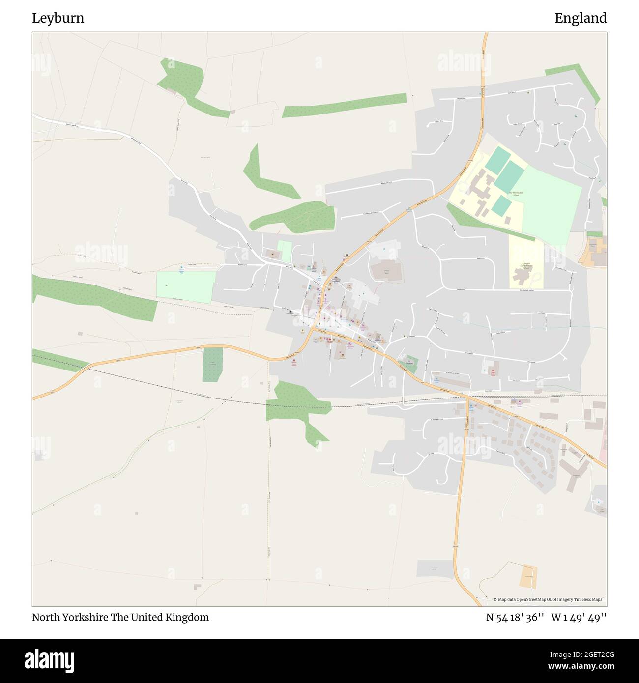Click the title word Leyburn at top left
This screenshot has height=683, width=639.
pos(58,18)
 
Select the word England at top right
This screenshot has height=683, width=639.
pos(581,18)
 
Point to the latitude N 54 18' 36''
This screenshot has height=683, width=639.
pos(515,617)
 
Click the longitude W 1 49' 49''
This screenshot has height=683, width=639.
pos(579,617)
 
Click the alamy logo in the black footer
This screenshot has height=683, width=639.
pos(49,660)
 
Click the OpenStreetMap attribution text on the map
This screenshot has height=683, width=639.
pos(550,599)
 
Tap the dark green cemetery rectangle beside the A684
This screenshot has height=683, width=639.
pos(212,364)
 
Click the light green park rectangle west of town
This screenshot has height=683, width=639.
pos(186,286)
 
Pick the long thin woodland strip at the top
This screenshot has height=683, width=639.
pos(344,105)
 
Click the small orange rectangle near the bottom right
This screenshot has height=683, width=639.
pos(528,577)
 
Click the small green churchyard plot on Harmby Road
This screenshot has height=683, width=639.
pos(411,364)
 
